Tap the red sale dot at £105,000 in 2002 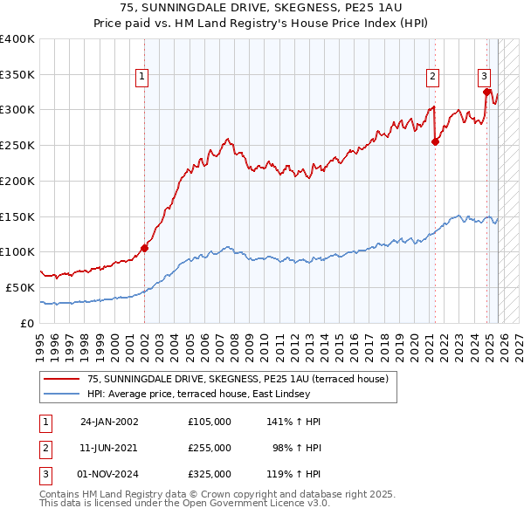pos(145,248)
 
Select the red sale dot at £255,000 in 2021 pos(435,142)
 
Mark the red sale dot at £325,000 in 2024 pos(486,91)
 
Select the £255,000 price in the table pos(210,448)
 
